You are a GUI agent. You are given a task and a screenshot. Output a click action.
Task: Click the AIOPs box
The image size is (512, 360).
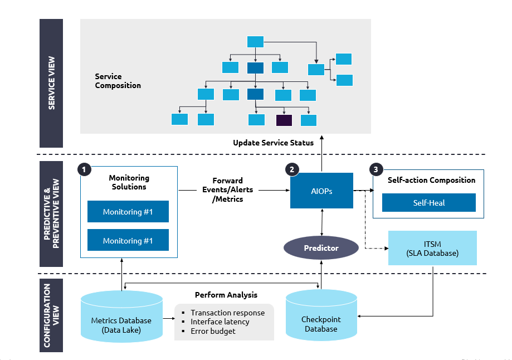pyautogui.click(x=321, y=191)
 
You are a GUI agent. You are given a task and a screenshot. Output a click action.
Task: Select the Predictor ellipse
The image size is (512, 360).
pyautogui.click(x=321, y=248)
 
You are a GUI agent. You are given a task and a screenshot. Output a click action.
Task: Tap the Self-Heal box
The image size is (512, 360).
pyautogui.click(x=428, y=203)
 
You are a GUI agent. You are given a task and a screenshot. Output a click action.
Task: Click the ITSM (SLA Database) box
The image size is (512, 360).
pyautogui.click(x=432, y=248)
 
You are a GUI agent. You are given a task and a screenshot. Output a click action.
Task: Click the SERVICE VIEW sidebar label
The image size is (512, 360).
pyautogui.click(x=51, y=83)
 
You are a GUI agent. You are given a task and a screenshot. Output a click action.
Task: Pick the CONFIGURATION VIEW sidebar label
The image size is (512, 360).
pyautogui.click(x=51, y=315)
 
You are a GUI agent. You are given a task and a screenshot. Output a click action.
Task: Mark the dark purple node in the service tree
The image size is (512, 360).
pyautogui.click(x=284, y=120)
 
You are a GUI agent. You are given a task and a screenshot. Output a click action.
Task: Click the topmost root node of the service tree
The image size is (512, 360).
pyautogui.click(x=255, y=42)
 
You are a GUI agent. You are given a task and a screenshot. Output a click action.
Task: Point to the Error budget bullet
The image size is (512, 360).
pyautogui.click(x=213, y=331)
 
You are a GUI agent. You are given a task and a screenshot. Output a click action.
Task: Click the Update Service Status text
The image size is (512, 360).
pyautogui.click(x=273, y=143)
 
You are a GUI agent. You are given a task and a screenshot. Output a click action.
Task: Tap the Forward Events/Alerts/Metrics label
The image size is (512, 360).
pyautogui.click(x=227, y=190)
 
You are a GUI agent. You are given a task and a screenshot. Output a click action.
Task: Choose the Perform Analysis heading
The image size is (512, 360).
pyautogui.click(x=226, y=294)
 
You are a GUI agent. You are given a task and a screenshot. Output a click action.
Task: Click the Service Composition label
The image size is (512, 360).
pyautogui.click(x=118, y=81)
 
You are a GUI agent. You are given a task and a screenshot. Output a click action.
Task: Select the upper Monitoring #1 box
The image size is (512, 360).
pyautogui.click(x=128, y=212)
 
